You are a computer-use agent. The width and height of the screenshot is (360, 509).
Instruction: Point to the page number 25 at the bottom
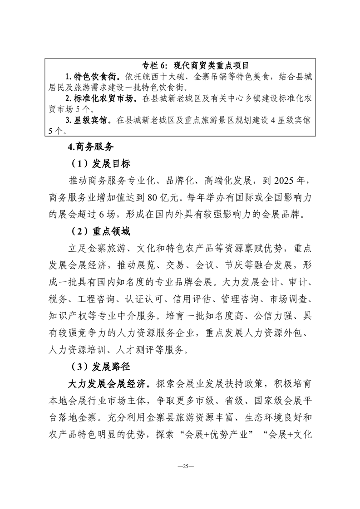click(180, 466)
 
